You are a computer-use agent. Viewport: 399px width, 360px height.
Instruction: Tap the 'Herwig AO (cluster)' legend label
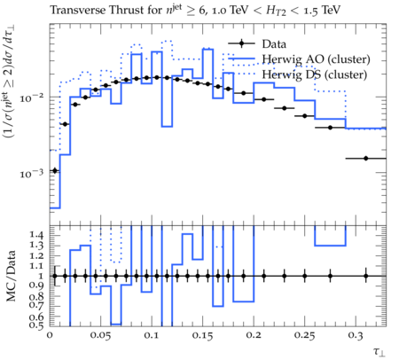[x=316, y=59]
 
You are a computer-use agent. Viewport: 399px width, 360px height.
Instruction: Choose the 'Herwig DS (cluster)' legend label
[x=315, y=74]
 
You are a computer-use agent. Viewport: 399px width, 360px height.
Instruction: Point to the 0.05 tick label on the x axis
[x=100, y=336]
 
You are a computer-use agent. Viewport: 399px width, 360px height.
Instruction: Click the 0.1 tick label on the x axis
[x=152, y=336]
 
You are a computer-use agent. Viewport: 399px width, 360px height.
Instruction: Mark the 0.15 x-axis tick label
[x=202, y=336]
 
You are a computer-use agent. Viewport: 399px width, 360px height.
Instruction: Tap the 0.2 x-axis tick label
[x=254, y=336]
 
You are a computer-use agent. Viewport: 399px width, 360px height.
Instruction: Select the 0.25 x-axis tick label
[x=304, y=336]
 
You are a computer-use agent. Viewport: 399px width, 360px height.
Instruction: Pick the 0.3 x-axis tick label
[x=356, y=336]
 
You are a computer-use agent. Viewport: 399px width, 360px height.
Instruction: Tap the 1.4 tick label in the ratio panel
[x=36, y=235]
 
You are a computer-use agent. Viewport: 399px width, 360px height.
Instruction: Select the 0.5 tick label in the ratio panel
[x=36, y=325]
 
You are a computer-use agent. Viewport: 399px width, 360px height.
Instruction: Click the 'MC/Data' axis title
[x=11, y=276]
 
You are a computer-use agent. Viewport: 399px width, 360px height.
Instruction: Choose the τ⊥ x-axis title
[x=379, y=351]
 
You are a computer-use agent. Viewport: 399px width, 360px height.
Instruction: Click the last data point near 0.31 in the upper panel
[x=366, y=159]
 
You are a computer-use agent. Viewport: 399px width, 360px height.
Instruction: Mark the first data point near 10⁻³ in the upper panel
[x=55, y=170]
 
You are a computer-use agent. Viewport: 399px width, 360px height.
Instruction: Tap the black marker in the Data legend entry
[x=241, y=43]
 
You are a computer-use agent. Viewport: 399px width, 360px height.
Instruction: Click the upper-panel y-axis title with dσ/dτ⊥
[x=10, y=82]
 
